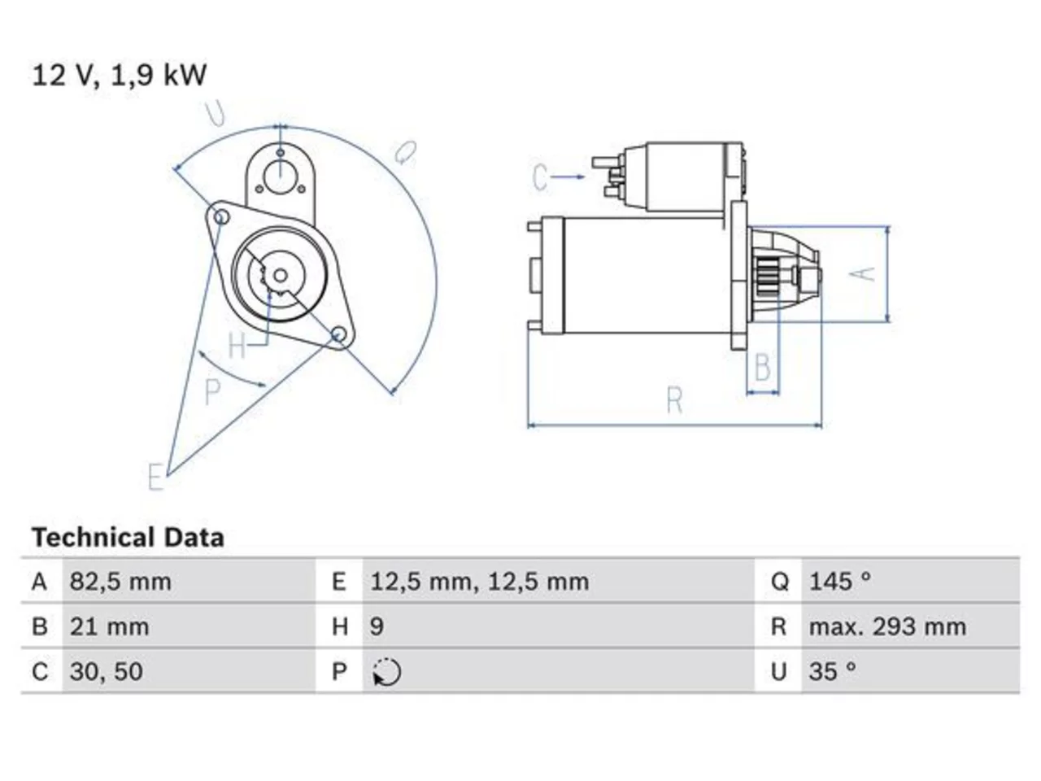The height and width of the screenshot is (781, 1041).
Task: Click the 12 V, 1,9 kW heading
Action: (x=119, y=76)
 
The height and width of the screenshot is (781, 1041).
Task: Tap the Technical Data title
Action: (x=128, y=538)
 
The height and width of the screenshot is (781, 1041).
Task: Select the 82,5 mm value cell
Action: (x=120, y=582)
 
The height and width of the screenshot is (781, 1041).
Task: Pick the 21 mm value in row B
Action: (x=109, y=626)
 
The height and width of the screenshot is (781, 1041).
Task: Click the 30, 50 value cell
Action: (x=107, y=671)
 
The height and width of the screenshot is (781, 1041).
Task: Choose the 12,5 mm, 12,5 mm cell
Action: (x=480, y=582)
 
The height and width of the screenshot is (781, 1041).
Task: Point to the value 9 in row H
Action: (x=377, y=626)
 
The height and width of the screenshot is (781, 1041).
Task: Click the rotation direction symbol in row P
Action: (x=386, y=672)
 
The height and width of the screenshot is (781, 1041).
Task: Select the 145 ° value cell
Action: (x=840, y=582)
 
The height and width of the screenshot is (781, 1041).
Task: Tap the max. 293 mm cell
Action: (x=887, y=626)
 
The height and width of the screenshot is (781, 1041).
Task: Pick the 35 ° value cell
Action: (x=833, y=671)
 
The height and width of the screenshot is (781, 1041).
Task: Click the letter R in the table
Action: (x=779, y=626)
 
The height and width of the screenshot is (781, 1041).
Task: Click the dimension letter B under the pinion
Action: (x=762, y=367)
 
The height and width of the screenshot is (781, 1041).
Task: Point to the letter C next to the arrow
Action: (x=540, y=177)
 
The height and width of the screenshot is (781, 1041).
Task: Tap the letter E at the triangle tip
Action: (x=156, y=477)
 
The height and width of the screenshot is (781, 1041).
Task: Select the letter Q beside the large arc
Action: (x=406, y=153)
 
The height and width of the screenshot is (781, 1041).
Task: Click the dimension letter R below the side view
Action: (x=675, y=401)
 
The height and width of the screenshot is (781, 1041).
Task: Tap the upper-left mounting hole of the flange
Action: (x=221, y=217)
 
